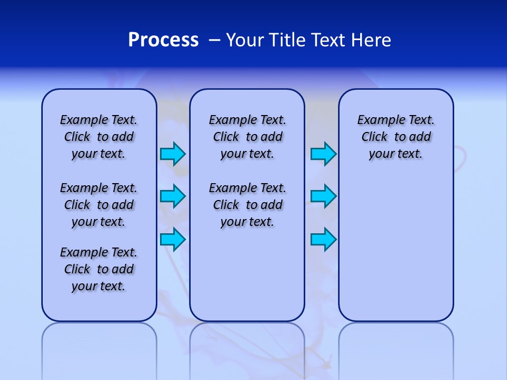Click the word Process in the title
163,40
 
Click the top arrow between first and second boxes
173,154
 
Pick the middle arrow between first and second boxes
173,196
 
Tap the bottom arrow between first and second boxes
173,239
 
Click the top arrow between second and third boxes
323,154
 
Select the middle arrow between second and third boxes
323,196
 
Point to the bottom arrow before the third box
323,239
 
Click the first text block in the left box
99,137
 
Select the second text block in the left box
99,205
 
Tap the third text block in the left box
99,269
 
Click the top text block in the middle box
247,137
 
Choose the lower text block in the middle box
247,205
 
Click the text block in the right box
396,137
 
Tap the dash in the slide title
214,40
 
